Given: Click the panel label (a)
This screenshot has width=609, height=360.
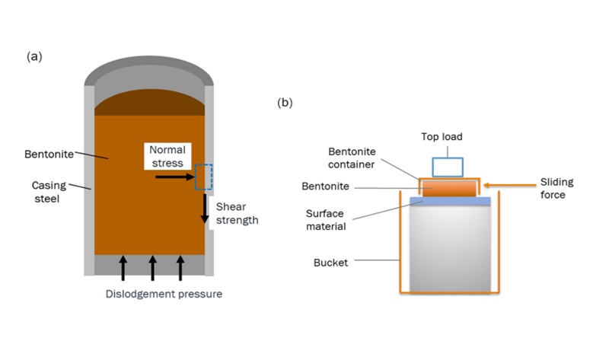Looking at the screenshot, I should click(33, 56).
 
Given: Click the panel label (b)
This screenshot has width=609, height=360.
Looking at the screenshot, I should click(284, 102).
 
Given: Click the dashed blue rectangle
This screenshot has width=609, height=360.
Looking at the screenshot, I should click(204, 177).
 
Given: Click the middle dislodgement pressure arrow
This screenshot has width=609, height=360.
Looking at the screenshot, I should click(152, 268).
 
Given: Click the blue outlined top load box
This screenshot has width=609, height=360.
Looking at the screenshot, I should click(447, 167).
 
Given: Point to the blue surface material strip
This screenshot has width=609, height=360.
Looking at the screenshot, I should click(448, 201).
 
